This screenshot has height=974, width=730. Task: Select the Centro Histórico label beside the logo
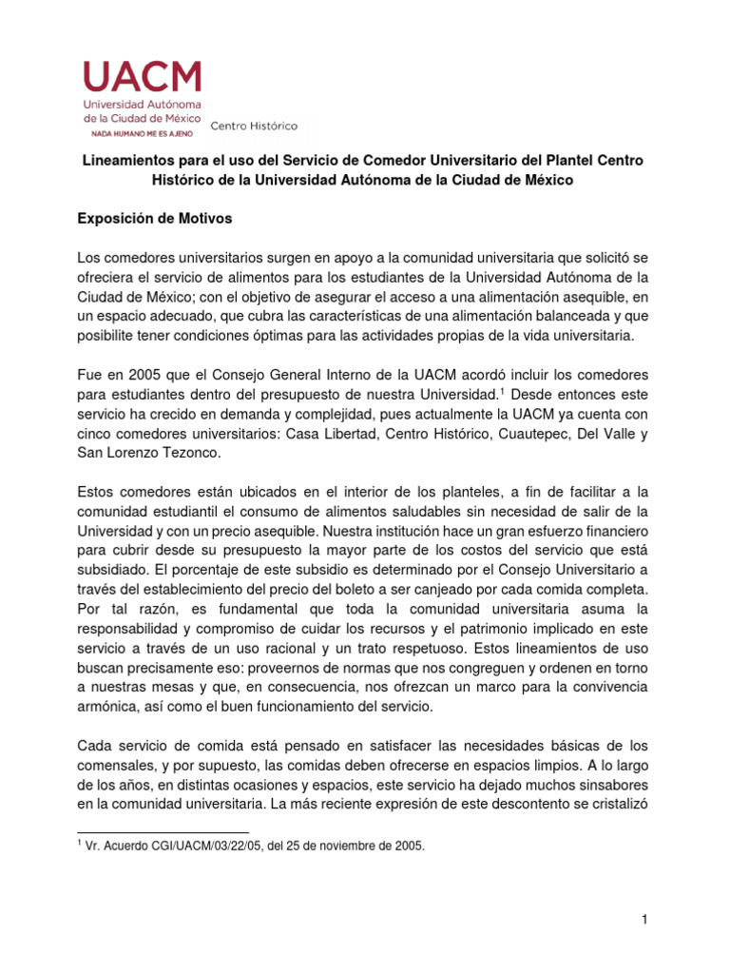tap(254, 126)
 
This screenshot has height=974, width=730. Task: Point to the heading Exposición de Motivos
tap(154, 218)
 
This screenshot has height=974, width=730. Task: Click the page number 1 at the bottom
tap(644, 919)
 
